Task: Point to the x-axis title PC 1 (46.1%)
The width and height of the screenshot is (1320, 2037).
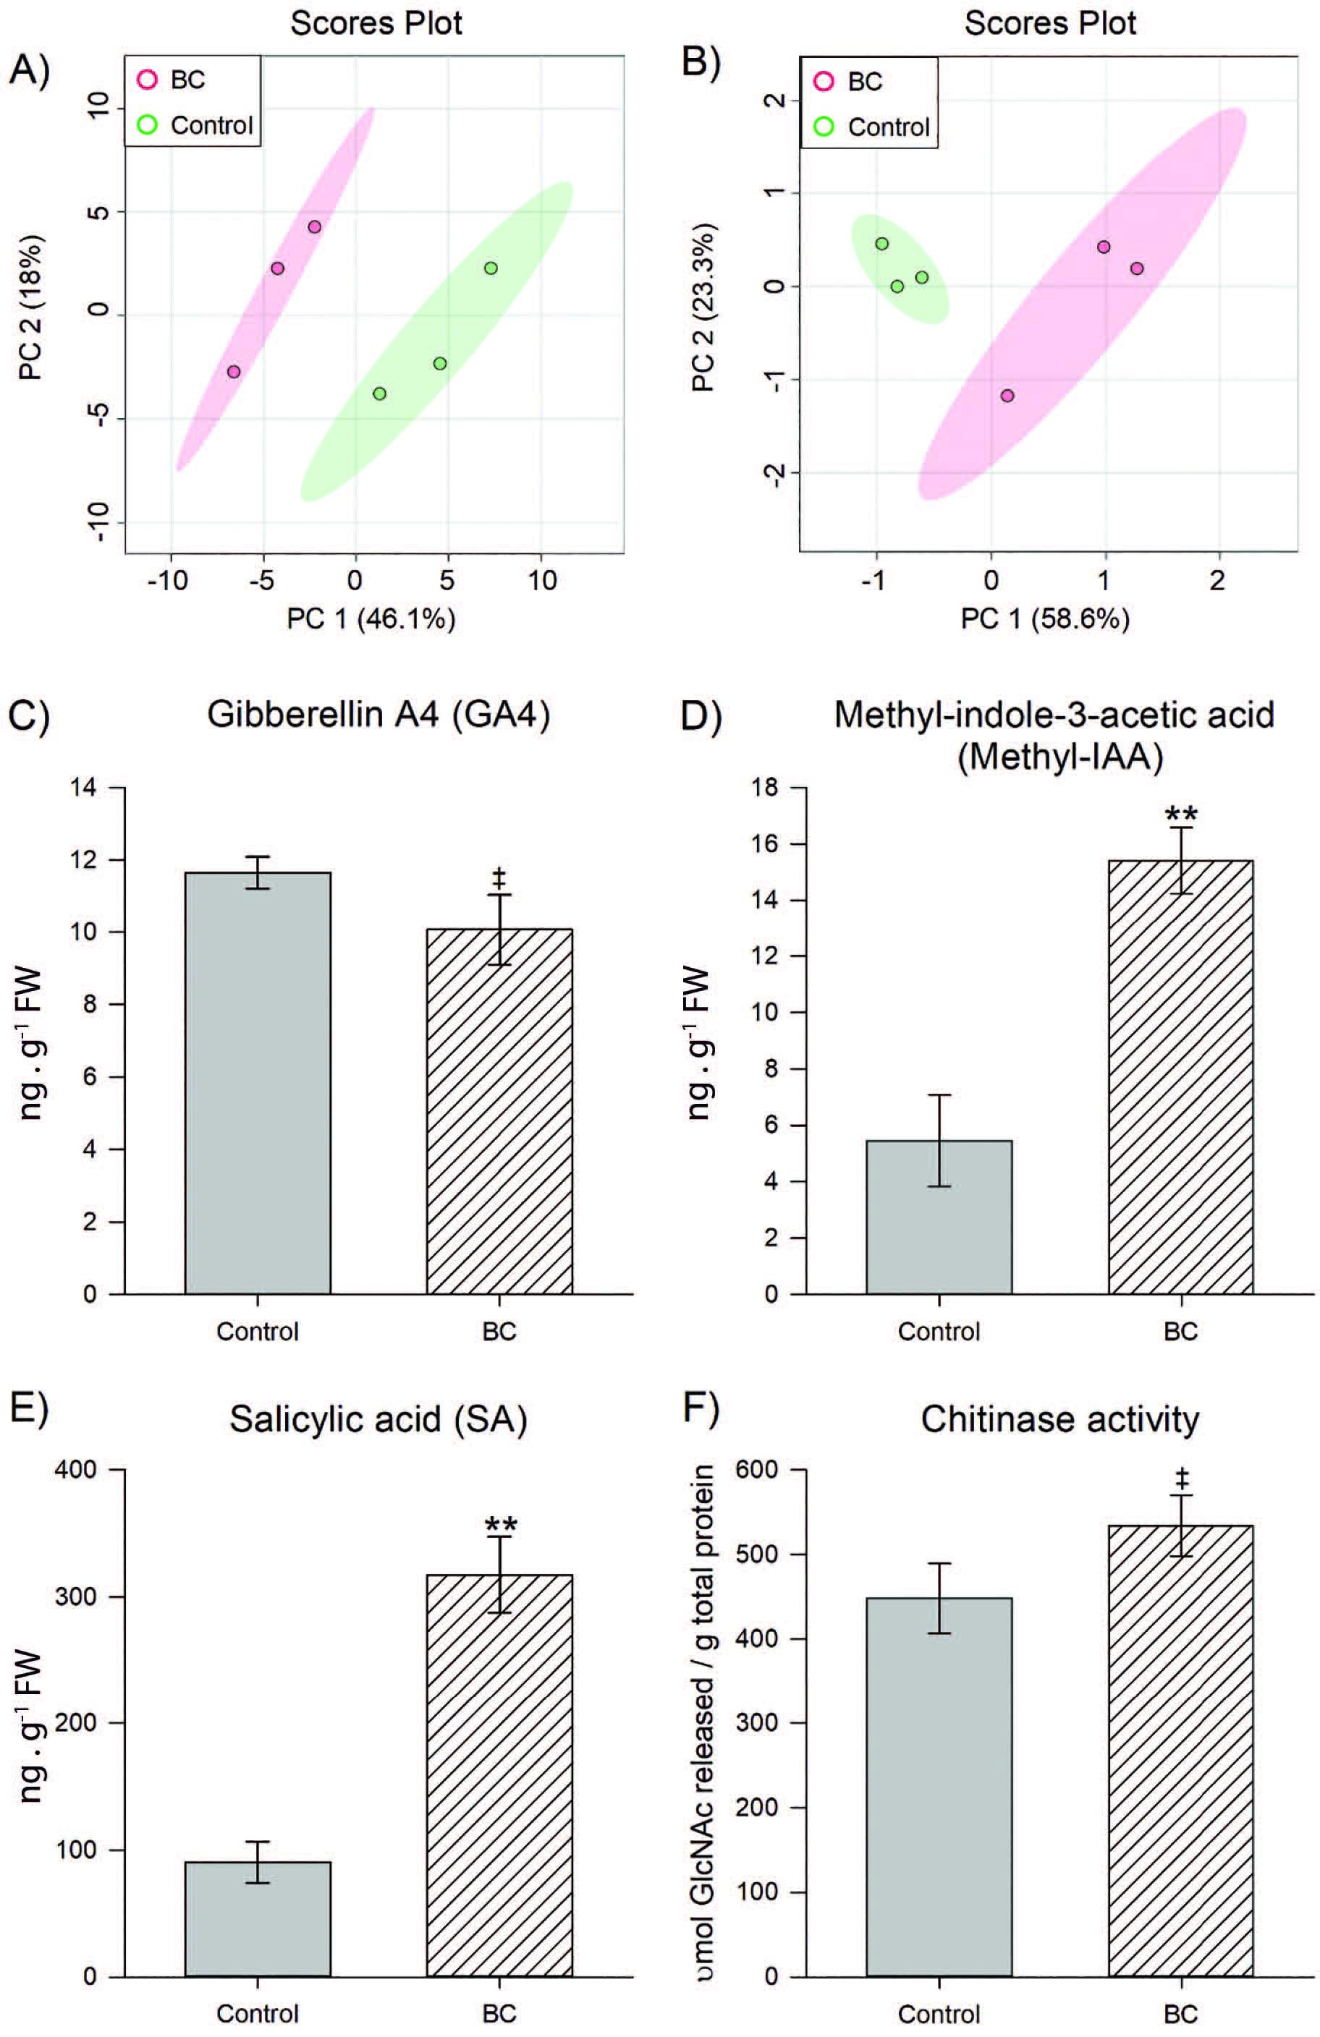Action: pos(371,618)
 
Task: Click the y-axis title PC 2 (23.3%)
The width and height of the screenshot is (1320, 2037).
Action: pos(703,308)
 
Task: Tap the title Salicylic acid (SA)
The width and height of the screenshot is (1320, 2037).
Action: pos(378,1419)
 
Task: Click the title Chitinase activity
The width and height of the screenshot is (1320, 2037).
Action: pos(1059,1419)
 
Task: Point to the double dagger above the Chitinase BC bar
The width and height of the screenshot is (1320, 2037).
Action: pos(1181,1478)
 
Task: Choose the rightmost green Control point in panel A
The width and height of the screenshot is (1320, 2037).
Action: pos(491,268)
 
